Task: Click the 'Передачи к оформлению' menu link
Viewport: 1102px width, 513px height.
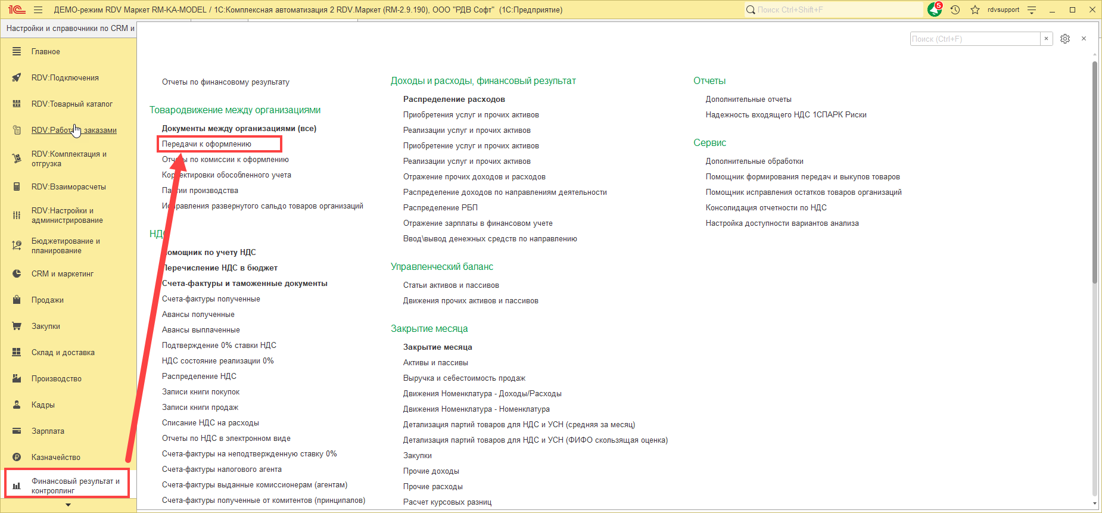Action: (x=207, y=144)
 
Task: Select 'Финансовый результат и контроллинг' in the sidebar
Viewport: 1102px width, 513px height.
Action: (x=75, y=486)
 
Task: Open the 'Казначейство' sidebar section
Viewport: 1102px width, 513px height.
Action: (x=56, y=457)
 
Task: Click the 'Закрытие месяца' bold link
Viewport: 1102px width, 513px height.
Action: (x=437, y=347)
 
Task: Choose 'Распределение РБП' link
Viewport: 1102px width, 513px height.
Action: (x=440, y=208)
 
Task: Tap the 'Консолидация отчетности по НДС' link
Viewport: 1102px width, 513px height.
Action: (x=766, y=208)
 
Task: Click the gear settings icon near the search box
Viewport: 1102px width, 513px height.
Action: (x=1065, y=39)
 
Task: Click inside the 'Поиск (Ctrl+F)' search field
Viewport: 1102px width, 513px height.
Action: (x=975, y=39)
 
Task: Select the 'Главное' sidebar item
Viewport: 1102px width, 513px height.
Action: (x=46, y=52)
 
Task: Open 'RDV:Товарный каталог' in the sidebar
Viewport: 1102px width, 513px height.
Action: (x=71, y=104)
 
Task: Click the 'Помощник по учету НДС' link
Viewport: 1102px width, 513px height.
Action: (x=210, y=253)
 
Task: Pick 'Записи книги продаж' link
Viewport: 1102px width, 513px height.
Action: (x=200, y=408)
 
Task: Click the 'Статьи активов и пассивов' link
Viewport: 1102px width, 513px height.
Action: (x=451, y=285)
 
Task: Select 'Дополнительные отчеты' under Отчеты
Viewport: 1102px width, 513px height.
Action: (x=748, y=100)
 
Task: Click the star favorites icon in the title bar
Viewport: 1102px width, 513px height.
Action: (x=975, y=10)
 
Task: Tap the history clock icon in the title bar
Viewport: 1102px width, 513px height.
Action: (x=955, y=10)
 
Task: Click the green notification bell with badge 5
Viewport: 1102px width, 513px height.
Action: (x=934, y=10)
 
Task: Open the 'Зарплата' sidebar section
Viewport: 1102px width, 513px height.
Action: (x=48, y=431)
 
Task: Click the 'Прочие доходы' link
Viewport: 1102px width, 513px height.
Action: (x=431, y=471)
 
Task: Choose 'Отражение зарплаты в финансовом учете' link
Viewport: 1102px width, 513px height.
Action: (x=478, y=223)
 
